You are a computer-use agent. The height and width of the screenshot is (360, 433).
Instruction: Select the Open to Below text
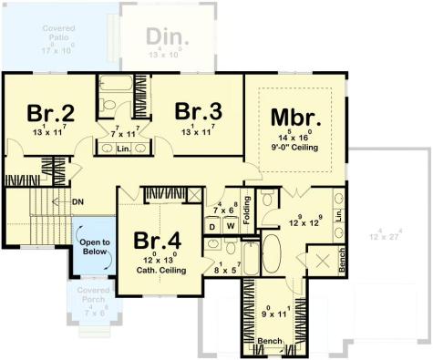tap(93, 247)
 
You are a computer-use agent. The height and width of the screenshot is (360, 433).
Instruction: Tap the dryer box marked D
tap(212, 225)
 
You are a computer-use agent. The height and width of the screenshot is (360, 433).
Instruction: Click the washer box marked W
tap(230, 225)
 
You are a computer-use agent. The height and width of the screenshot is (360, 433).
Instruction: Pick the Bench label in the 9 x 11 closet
tap(270, 341)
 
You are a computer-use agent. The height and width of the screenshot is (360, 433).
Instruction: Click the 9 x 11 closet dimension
tap(270, 314)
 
